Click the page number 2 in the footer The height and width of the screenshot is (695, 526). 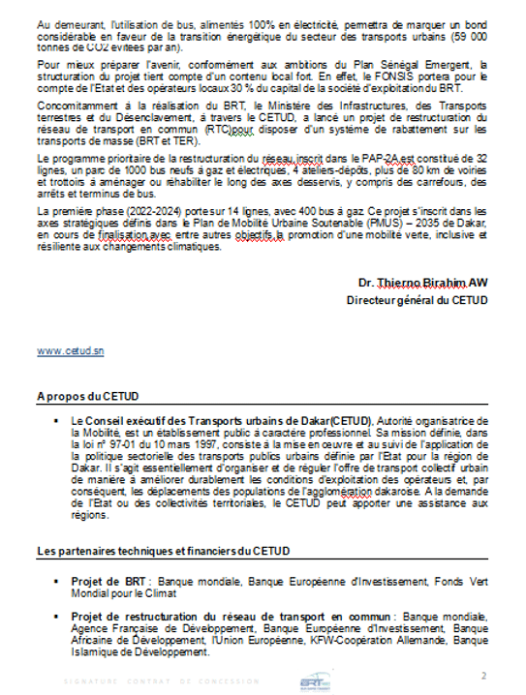[x=484, y=674]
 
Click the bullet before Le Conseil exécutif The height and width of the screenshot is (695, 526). [x=60, y=421]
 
